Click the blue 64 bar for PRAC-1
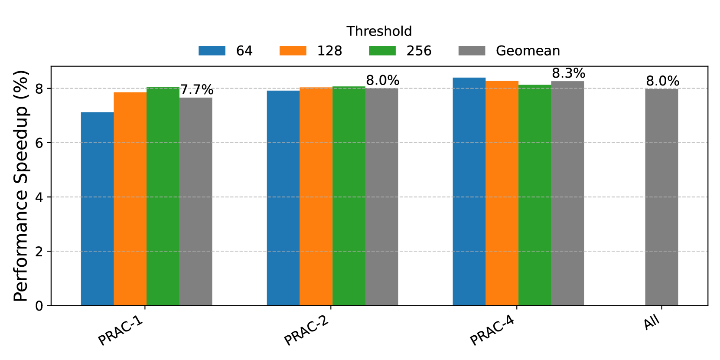point(97,209)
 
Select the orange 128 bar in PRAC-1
point(130,199)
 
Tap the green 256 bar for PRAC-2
point(349,196)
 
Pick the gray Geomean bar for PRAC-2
point(381,197)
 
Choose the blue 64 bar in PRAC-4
point(469,191)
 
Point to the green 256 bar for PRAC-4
point(534,195)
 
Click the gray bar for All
point(661,197)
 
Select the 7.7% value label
point(197,90)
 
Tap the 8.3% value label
point(568,73)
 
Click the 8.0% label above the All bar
point(662,81)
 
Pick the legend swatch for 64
point(212,51)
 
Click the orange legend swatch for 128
point(293,51)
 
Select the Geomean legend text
point(528,51)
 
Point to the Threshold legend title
point(379,31)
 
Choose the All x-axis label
point(652,323)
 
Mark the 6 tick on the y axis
point(39,143)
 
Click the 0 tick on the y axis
point(39,306)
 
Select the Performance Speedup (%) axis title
point(21,186)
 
